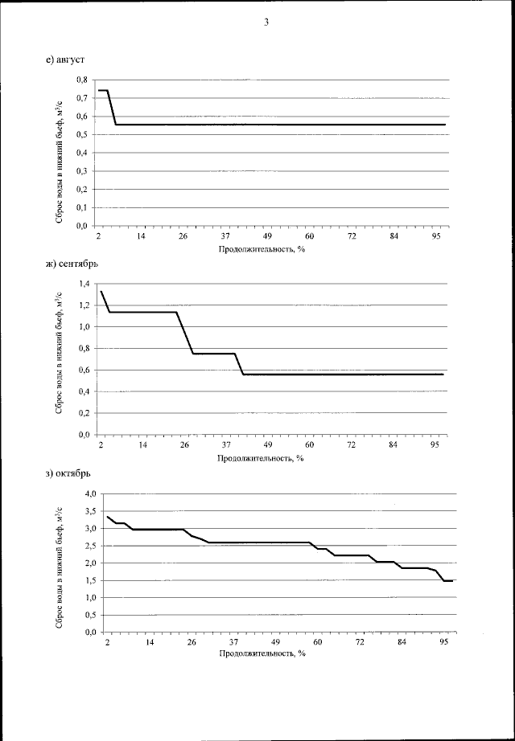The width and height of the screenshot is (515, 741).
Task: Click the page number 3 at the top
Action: pyautogui.click(x=266, y=22)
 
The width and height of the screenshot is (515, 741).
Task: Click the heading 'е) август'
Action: pyautogui.click(x=66, y=59)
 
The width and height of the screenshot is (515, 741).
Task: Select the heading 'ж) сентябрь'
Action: pyautogui.click(x=72, y=264)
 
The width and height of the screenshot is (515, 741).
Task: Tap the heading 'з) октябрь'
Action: pyautogui.click(x=69, y=472)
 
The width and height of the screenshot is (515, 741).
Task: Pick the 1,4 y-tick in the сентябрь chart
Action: pyautogui.click(x=83, y=284)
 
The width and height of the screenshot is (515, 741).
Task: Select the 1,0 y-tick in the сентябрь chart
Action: pyautogui.click(x=83, y=327)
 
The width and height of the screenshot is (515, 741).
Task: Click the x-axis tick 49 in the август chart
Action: pyautogui.click(x=267, y=235)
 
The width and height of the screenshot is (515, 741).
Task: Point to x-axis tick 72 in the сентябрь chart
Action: pyautogui.click(x=352, y=444)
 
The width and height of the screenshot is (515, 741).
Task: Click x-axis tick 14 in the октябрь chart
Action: pyautogui.click(x=150, y=643)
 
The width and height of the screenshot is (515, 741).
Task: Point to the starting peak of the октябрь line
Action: pyautogui.click(x=107, y=517)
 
